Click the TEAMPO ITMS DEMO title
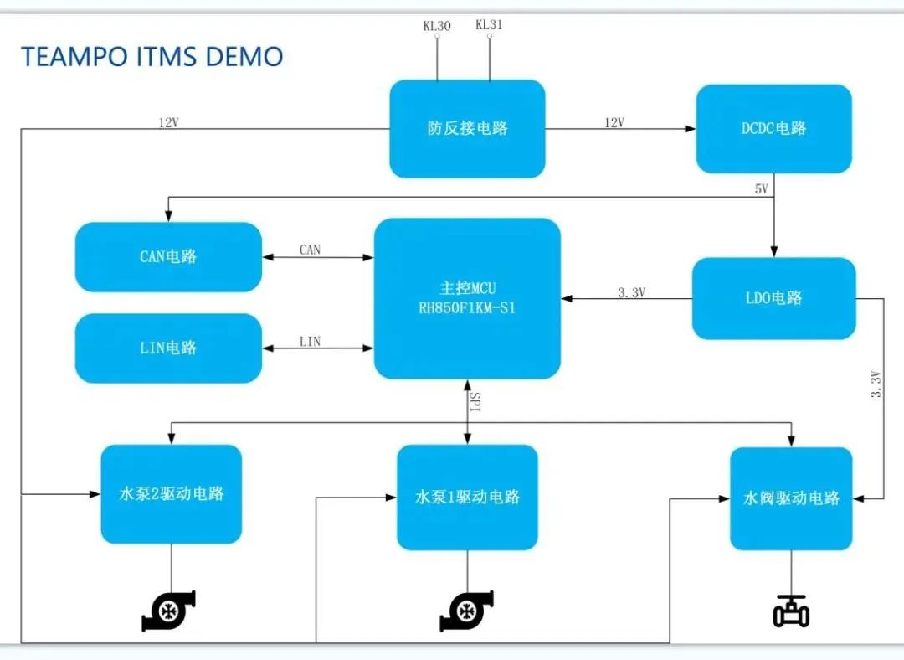152,57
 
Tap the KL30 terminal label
436,26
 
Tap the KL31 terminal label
489,25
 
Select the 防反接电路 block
467,128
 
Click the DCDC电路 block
773,128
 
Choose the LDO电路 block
773,297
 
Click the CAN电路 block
168,256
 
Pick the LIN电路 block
168,348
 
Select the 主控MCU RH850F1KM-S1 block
467,298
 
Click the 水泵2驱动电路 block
172,493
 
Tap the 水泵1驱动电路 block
467,497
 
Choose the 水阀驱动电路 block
791,498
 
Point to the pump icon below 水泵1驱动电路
466,611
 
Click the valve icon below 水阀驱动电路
791,611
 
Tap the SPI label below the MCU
475,402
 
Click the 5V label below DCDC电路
761,189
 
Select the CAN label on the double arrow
310,250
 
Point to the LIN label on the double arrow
310,341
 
